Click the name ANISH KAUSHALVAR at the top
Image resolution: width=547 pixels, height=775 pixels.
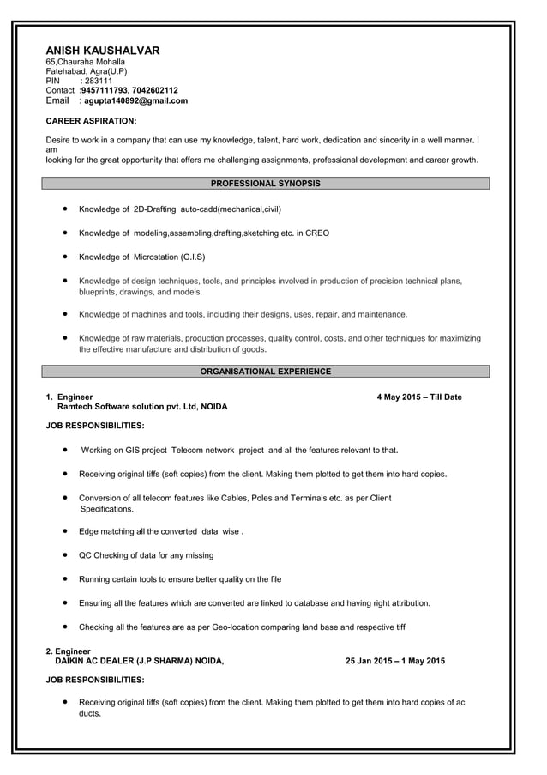(102, 51)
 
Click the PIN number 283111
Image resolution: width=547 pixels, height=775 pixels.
(97, 81)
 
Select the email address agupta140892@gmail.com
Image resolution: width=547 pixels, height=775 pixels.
(135, 100)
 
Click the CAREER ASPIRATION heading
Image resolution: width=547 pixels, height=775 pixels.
(91, 121)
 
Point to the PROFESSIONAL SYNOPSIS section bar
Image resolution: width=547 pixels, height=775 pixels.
(266, 184)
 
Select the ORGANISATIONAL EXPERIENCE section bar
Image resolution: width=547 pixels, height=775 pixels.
(266, 372)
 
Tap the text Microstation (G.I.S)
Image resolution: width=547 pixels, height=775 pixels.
(169, 257)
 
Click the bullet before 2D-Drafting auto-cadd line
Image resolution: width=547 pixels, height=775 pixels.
(66, 209)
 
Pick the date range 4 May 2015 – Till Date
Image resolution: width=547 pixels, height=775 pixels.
(419, 397)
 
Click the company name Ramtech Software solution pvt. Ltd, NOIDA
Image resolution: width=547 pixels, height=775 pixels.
(142, 407)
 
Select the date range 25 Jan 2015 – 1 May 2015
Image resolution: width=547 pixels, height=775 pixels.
(395, 661)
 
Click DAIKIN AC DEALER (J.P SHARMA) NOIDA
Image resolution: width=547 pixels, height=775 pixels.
(139, 661)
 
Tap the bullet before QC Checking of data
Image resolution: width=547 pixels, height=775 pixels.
(66, 554)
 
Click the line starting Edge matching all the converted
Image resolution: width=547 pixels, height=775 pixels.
(161, 531)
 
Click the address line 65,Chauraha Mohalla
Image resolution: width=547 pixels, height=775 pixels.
(85, 62)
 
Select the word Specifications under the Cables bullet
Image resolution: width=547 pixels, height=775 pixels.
(106, 508)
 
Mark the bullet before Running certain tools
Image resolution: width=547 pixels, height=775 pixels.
(66, 578)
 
